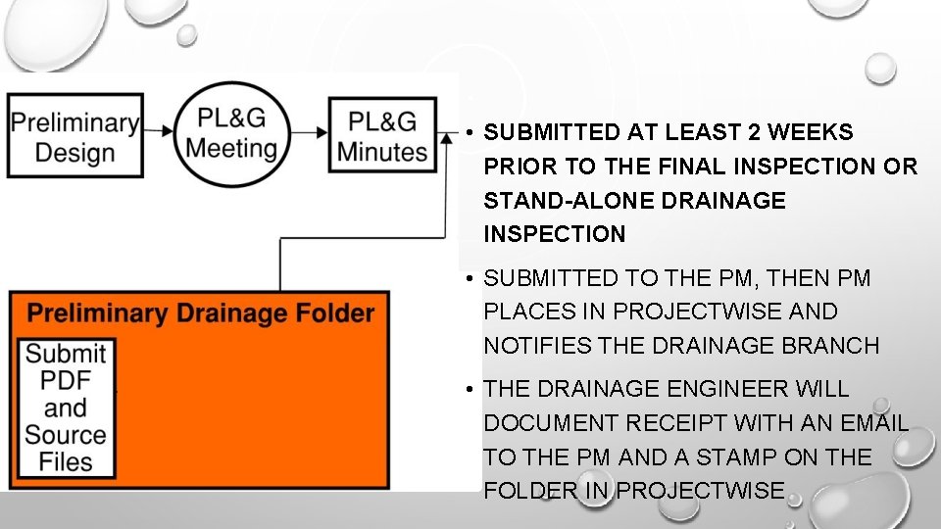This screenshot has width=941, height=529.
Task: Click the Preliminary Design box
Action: pos(75,135)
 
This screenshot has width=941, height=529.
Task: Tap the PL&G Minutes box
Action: pos(382,135)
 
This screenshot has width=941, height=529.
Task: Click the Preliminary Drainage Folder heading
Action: pos(200,313)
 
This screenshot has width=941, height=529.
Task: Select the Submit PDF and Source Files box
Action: pos(67,408)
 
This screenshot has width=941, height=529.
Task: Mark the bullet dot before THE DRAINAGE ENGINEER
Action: pos(470,390)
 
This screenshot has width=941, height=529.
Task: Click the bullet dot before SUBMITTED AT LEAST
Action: pos(470,133)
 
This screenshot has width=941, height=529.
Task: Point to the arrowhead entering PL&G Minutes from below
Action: pos(432,161)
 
